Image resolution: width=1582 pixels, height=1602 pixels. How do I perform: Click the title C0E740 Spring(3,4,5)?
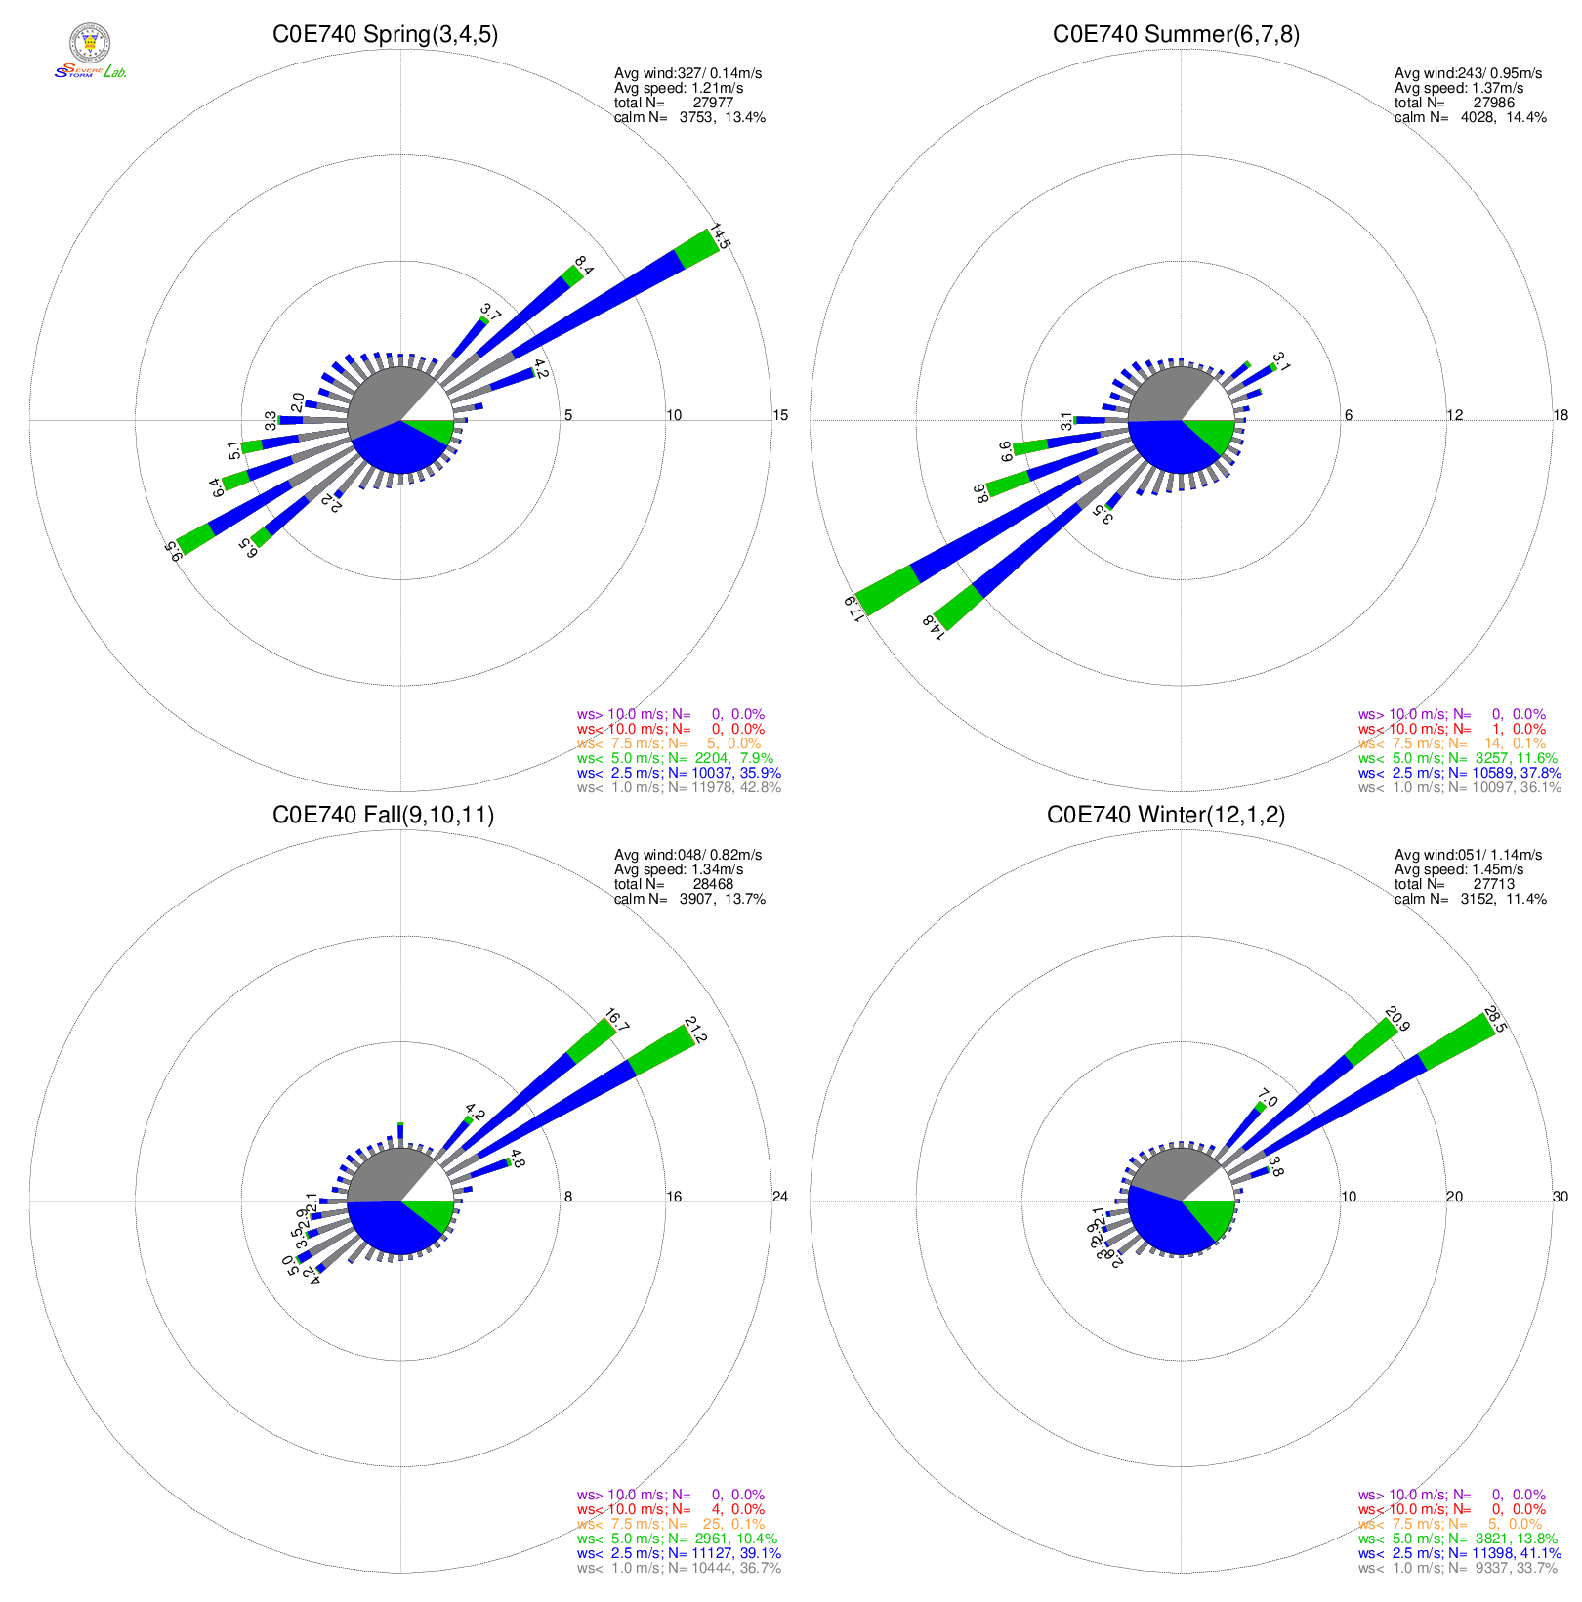click(385, 35)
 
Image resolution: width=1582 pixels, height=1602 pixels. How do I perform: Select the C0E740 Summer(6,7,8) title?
click(1176, 35)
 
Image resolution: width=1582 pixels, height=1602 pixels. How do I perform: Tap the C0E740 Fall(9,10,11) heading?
click(383, 816)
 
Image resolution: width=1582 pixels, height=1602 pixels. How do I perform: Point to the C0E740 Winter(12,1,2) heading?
click(1166, 816)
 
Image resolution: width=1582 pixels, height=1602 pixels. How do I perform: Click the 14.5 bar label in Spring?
click(720, 237)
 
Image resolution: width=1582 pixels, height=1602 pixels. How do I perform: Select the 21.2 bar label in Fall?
click(695, 1030)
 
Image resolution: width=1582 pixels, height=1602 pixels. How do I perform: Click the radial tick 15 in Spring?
click(780, 415)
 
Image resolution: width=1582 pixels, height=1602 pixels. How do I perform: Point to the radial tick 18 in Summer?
click(1561, 415)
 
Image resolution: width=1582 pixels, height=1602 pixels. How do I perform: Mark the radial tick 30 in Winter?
click(1561, 1197)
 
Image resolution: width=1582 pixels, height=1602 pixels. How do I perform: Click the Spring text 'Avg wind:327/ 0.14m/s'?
click(687, 73)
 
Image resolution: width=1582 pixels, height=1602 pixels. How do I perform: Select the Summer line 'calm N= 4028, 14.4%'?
click(1470, 117)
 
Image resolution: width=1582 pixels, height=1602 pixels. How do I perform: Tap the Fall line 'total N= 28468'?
click(674, 884)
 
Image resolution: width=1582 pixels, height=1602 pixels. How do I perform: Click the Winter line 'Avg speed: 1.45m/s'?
click(1459, 869)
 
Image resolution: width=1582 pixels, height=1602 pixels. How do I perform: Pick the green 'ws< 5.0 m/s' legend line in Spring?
click(675, 758)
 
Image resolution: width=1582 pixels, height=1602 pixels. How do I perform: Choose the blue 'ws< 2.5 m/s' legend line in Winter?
click(1459, 1553)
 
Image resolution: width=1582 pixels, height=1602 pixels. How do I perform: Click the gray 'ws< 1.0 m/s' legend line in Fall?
click(679, 1568)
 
